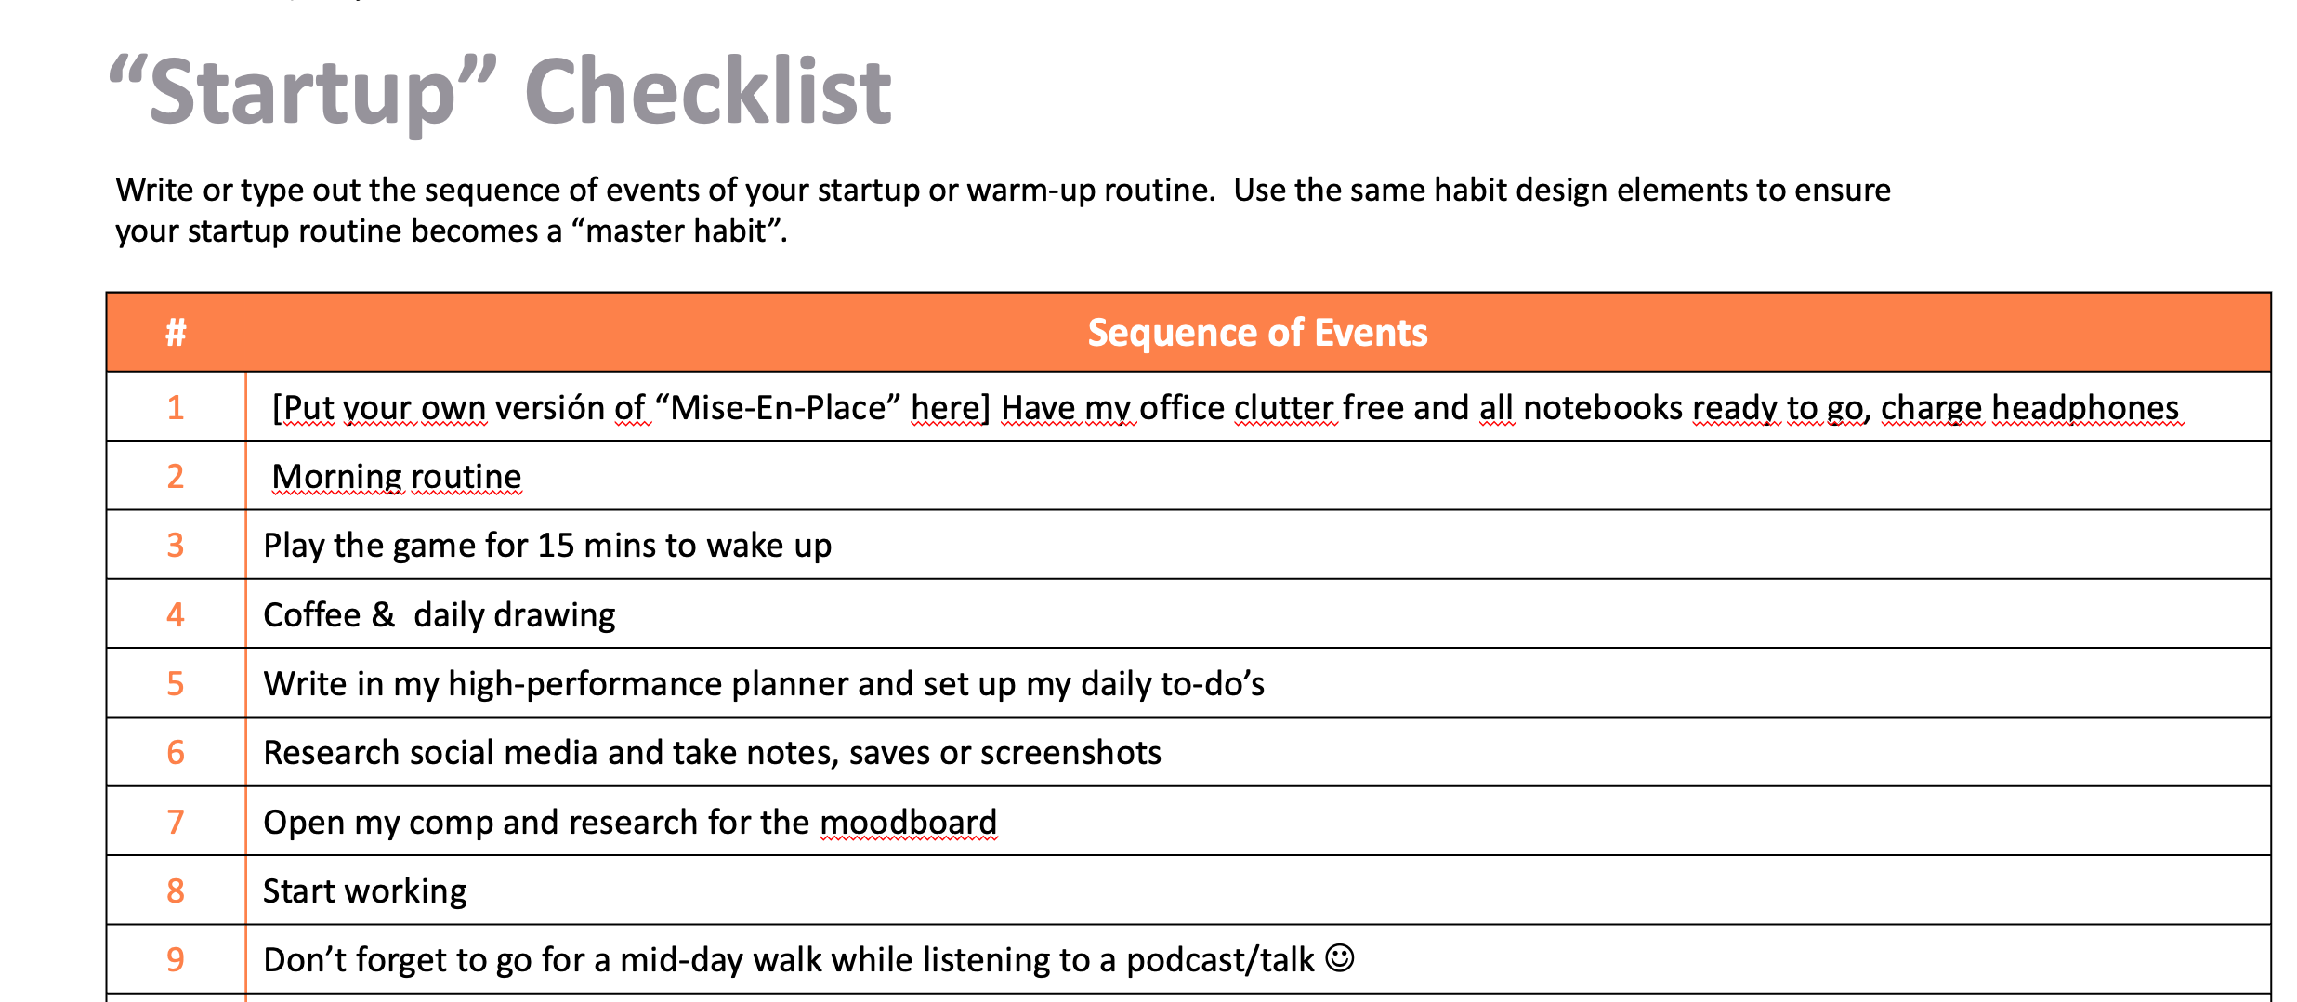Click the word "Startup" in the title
(x=303, y=93)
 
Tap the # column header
(x=176, y=332)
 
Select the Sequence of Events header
(x=1257, y=332)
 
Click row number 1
(x=176, y=407)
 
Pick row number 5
(x=176, y=683)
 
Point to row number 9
(x=176, y=959)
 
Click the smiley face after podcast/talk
(x=1340, y=957)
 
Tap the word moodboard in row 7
(x=908, y=822)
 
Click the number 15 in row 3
(x=556, y=546)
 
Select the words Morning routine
(x=397, y=477)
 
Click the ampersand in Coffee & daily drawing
(x=383, y=614)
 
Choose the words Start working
(x=365, y=891)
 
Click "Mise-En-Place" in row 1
(x=778, y=408)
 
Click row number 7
(x=176, y=822)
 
